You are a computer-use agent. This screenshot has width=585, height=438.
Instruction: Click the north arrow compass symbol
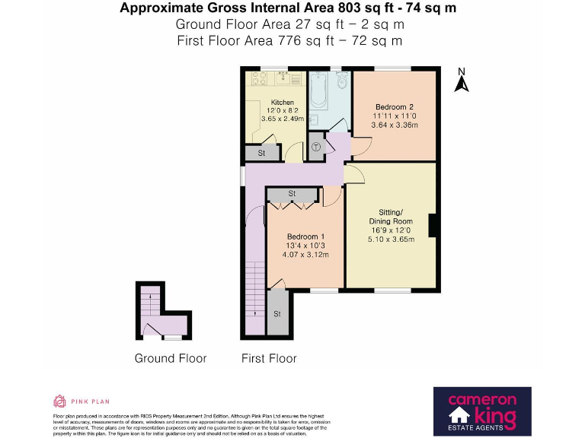click(460, 80)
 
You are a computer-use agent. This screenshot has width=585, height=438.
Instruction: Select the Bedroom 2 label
click(394, 106)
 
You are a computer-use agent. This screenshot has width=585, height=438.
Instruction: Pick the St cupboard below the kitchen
click(261, 154)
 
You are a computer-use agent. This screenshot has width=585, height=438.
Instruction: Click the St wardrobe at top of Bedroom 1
click(292, 195)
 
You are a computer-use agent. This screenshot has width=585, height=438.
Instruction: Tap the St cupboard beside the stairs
click(277, 313)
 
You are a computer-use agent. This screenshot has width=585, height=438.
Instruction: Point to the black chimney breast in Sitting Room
click(433, 227)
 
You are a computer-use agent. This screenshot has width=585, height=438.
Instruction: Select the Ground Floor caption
click(171, 358)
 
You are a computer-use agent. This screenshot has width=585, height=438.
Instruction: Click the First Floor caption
click(269, 358)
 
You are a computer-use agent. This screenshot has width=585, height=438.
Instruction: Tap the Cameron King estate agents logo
click(481, 411)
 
